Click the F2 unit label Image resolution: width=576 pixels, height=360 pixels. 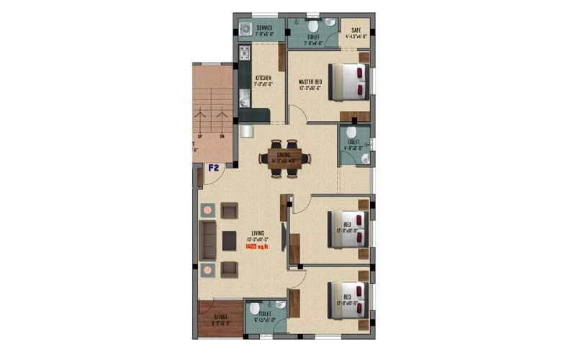[x=214, y=168]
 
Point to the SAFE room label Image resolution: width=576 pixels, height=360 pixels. [x=356, y=30]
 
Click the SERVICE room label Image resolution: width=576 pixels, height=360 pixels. [x=263, y=29]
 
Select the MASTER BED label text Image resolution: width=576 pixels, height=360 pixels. [x=310, y=83]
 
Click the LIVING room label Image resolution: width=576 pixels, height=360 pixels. [x=257, y=233]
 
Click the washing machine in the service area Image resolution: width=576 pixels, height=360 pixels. [x=246, y=30]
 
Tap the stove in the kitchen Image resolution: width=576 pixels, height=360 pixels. [x=244, y=52]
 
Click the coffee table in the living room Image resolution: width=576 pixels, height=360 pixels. [x=230, y=240]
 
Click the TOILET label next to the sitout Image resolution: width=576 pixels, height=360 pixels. [x=265, y=315]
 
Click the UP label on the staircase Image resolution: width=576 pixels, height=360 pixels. [x=199, y=136]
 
